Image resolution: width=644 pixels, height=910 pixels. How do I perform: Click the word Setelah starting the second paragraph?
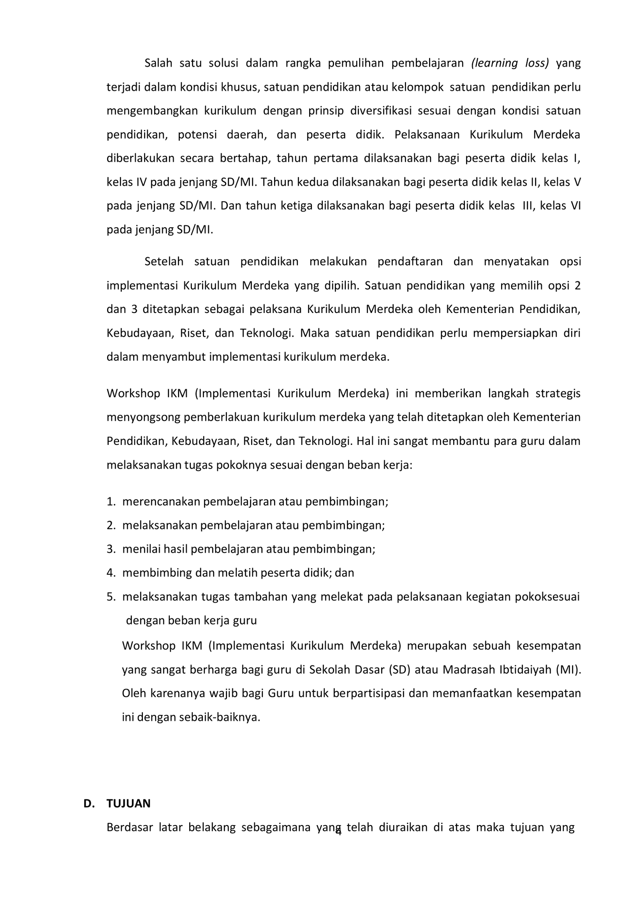pos(164,261)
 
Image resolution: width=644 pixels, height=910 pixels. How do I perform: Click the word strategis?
pos(558,393)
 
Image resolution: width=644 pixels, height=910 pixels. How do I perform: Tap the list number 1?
pos(111,502)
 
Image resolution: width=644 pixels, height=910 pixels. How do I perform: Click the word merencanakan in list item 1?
pos(161,502)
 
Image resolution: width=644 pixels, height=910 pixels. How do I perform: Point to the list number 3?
pos(111,549)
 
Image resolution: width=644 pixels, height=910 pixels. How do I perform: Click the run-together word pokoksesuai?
pos(547,597)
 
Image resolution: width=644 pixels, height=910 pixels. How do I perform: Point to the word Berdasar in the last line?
pos(129,827)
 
